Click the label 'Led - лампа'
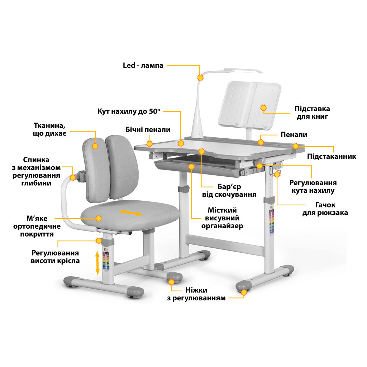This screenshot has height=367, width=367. pos(143,65)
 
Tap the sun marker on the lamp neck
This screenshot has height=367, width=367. pos(200,77)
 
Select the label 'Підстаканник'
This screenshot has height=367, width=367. pos(332,156)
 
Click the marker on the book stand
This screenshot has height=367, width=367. pos(263,108)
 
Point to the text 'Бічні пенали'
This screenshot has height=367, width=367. pos(148,130)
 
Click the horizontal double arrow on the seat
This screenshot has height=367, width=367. pos(130,213)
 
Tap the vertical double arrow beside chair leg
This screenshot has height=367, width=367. pos(97,263)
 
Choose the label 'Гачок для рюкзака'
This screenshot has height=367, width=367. pos(325,209)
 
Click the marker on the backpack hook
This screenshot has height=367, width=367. pos(277,174)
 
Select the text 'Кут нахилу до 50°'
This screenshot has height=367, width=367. pos(129,111)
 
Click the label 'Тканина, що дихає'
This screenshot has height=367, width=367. pos(49,129)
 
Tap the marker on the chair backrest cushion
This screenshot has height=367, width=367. pos(95,146)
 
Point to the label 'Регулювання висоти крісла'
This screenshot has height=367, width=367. pos(55,257)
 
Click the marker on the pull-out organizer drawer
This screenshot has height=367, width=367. pos(191,166)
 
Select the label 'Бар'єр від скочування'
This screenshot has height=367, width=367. pos(229,191)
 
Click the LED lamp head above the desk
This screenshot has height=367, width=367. pos(243,71)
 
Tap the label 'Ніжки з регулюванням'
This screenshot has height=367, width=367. pos(196,294)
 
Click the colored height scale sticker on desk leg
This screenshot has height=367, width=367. pos(272,221)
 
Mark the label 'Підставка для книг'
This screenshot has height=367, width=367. pos(312,113)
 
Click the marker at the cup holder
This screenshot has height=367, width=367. pos(296,146)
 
